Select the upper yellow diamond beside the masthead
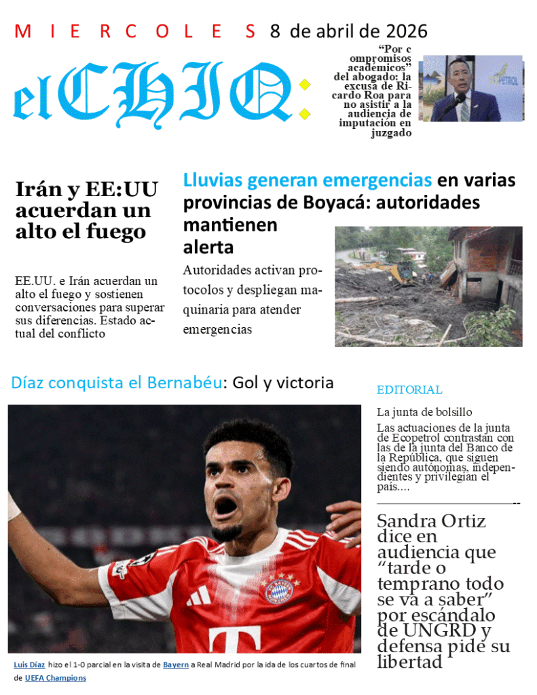coord(305,85)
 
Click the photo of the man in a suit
coord(471,89)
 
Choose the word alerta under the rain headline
coord(208,246)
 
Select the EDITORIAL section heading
coord(409,390)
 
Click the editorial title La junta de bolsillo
coord(424,412)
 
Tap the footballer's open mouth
coord(225,506)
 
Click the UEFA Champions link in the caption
coord(56,677)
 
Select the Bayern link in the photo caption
coord(176,664)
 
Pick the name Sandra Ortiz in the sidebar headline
coord(431,521)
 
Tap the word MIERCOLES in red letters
coord(135,31)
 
